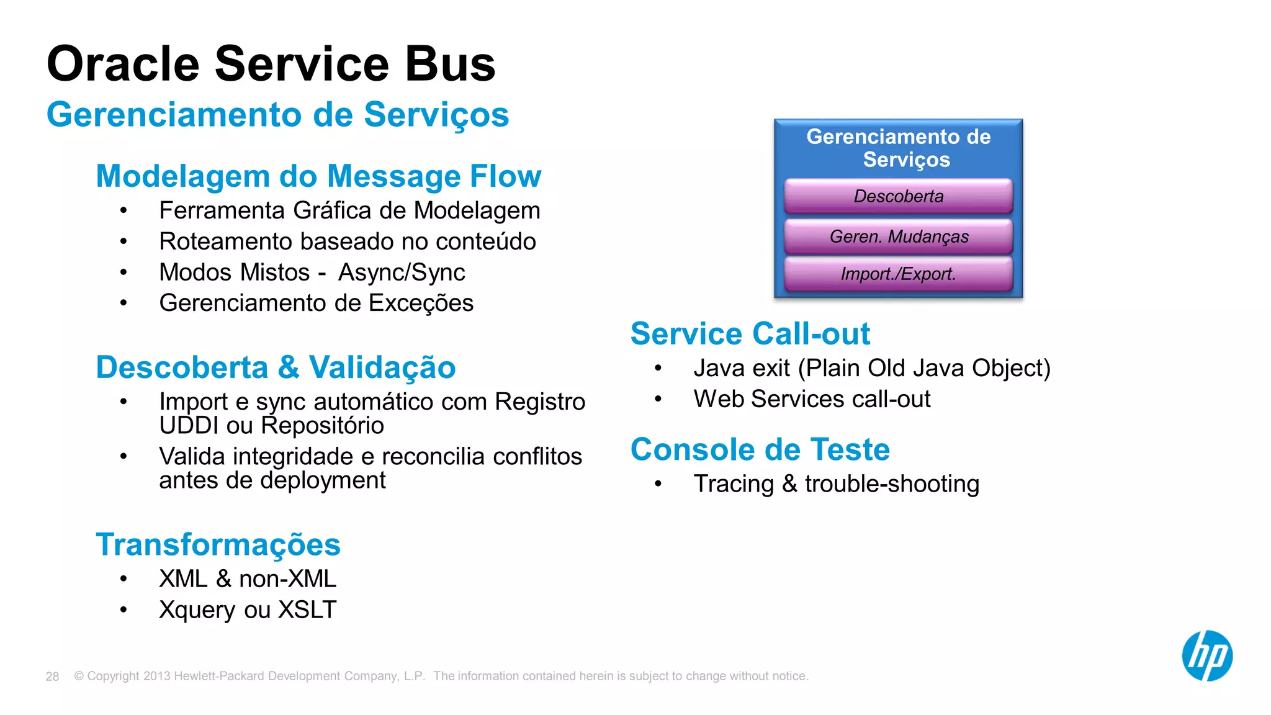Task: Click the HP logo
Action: coord(1206,656)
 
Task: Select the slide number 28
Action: coord(52,677)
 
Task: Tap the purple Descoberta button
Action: coord(898,196)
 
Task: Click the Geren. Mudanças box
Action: coord(898,236)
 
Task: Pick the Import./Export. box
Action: coord(898,274)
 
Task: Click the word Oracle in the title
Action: coord(123,64)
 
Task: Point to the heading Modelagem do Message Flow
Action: coord(318,176)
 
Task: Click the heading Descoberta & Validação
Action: coord(276,367)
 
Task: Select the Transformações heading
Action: coord(218,544)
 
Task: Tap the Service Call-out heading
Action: coord(750,334)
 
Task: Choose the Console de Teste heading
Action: coord(760,449)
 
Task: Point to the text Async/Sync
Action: coord(401,272)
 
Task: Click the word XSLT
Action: coord(307,610)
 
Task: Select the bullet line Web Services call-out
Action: coord(812,399)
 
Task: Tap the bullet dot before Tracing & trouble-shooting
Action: coord(658,484)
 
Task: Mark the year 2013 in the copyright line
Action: coord(156,677)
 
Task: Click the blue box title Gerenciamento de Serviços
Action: coord(898,148)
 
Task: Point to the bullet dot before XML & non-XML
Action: coord(124,579)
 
